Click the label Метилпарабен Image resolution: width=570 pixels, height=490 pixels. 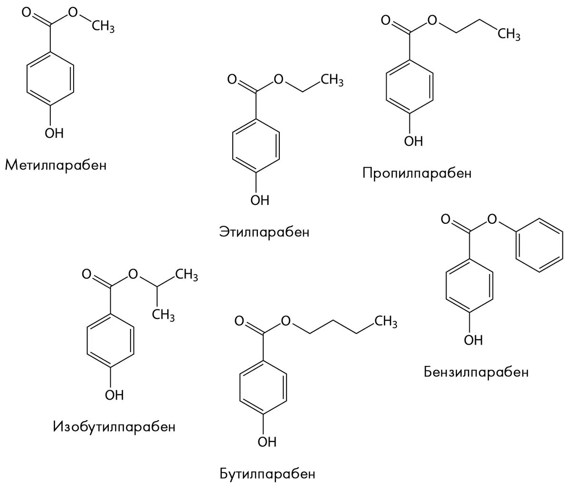tap(56, 165)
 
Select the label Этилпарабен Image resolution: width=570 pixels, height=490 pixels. tap(264, 232)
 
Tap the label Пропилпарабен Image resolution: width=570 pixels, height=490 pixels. tap(417, 173)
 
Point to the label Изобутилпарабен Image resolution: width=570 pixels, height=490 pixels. tap(114, 426)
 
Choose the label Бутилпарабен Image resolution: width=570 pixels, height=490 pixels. tap(267, 473)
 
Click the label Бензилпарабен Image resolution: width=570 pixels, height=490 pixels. tap(476, 371)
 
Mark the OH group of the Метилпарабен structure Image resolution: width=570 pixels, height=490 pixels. tap(54, 133)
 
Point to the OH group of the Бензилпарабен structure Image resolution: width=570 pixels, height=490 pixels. tap(473, 340)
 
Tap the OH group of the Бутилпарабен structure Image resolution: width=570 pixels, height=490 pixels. tap(266, 442)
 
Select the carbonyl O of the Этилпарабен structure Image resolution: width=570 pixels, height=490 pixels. tap(232, 79)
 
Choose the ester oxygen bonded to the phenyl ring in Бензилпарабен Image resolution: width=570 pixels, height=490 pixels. tap(492, 219)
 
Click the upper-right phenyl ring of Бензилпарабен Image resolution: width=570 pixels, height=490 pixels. tap(540, 246)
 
